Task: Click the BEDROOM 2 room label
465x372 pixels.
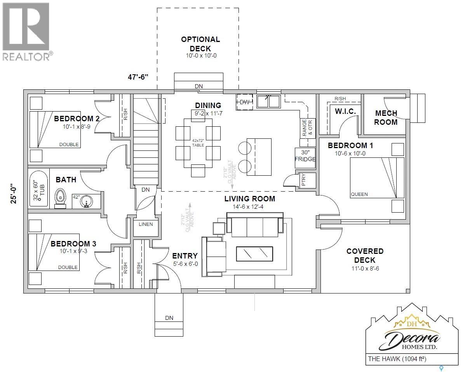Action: pos(74,119)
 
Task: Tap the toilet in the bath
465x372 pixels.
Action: pos(60,196)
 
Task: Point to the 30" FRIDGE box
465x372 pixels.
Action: pos(305,156)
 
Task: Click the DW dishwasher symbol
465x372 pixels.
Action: pos(244,102)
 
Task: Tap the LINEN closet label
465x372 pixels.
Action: pos(146,224)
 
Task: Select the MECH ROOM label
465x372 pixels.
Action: pos(386,117)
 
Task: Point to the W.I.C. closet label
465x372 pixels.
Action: pos(345,112)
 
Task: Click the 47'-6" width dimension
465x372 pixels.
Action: pos(139,77)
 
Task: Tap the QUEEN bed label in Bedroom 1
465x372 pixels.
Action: pos(359,194)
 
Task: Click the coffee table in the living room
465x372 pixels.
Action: pos(254,254)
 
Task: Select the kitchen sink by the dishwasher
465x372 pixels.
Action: pos(268,101)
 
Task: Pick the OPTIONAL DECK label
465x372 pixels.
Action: pos(200,44)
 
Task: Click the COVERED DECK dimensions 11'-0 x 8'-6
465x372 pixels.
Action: pos(365,268)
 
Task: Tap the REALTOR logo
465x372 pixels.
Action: pos(26,31)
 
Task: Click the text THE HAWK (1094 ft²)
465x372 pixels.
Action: pos(396,359)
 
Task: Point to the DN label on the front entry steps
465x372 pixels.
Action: pos(169,318)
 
